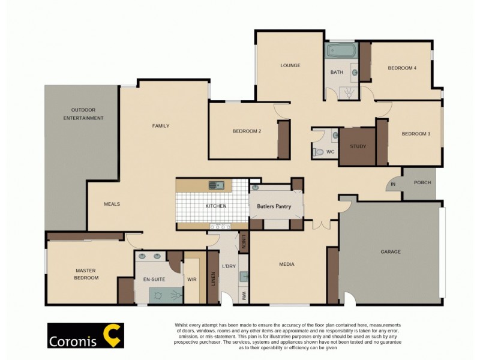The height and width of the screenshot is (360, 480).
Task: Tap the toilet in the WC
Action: click(x=318, y=152)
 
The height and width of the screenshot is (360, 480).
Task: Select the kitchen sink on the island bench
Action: click(x=216, y=185)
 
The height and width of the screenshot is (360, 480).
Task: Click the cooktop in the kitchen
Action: click(x=220, y=226)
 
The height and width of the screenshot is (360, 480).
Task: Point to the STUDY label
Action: click(x=358, y=146)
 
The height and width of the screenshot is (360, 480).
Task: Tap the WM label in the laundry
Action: click(x=244, y=296)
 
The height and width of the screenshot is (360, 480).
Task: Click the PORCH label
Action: click(x=422, y=183)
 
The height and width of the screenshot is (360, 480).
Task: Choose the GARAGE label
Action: click(x=390, y=252)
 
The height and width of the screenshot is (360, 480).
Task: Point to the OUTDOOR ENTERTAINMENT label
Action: click(x=83, y=114)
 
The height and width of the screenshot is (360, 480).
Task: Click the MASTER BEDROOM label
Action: click(x=86, y=274)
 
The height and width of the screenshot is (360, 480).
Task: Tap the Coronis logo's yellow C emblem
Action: click(x=112, y=335)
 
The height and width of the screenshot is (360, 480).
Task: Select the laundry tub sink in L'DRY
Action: click(x=244, y=277)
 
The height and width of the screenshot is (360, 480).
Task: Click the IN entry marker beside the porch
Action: click(x=394, y=184)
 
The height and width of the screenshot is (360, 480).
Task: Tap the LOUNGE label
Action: click(x=290, y=65)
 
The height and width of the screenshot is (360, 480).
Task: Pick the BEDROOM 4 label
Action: click(x=402, y=68)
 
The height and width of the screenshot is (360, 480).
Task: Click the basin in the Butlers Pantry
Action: click(x=255, y=188)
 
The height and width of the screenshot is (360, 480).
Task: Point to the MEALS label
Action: click(x=112, y=204)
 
